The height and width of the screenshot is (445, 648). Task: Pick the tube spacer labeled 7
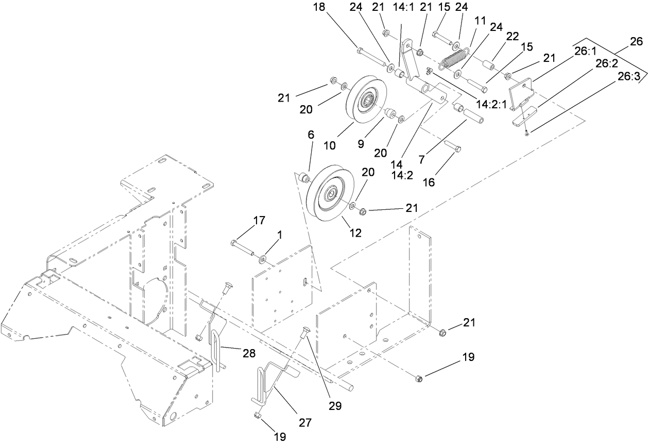point(472,116)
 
